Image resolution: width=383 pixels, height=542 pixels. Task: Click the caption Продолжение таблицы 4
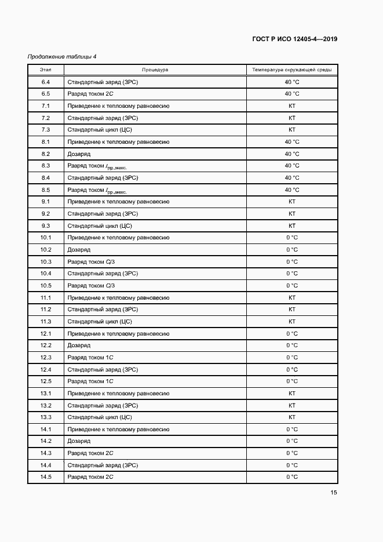62,56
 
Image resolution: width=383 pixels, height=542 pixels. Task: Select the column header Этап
46,70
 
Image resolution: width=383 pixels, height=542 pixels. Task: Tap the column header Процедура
155,70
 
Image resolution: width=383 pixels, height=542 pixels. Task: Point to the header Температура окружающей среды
291,70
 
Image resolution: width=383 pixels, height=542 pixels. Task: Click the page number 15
334,493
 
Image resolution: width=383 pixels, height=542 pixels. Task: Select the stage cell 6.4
46,82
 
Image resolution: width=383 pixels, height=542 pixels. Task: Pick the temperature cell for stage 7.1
292,106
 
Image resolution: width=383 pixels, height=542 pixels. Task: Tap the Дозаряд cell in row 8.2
79,154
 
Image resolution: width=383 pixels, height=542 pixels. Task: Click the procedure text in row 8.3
97,166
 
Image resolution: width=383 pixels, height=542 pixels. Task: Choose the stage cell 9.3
46,225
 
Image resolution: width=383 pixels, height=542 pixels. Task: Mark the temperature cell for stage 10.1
292,238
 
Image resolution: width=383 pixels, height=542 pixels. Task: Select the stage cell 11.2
46,310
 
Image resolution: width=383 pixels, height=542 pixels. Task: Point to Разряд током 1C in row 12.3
90,358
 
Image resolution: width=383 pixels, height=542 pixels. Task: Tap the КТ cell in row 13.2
292,405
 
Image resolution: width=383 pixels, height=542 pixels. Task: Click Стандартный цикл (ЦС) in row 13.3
100,417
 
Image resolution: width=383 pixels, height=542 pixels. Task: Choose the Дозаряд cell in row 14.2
79,441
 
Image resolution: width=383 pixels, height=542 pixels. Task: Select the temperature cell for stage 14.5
292,477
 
